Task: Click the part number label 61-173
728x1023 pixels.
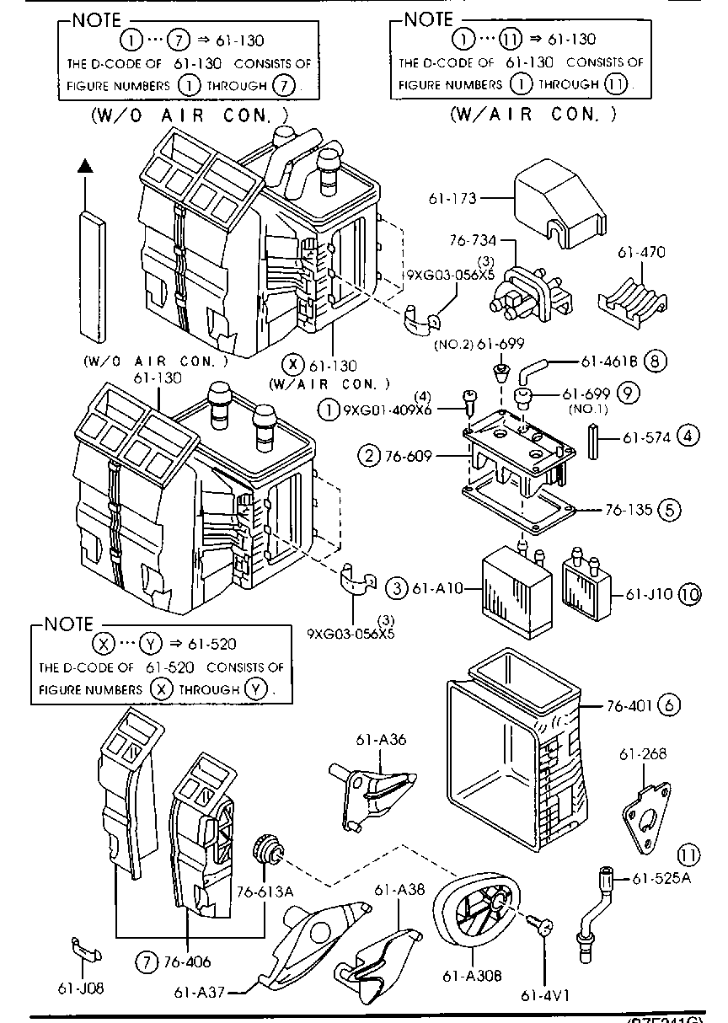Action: tap(452, 199)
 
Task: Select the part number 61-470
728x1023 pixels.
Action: tap(641, 251)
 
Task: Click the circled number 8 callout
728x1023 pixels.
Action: tap(656, 362)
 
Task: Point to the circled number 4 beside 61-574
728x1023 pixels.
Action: tap(688, 437)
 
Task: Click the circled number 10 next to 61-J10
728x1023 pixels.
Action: tap(689, 594)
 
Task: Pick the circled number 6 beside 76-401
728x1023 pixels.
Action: tap(670, 704)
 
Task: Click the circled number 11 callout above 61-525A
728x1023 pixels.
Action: tap(689, 855)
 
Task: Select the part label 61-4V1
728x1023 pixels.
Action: tap(545, 994)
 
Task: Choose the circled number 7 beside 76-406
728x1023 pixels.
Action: tap(147, 961)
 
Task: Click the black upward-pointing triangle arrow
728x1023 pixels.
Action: tap(83, 166)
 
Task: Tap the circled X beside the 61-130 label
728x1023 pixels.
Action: tap(292, 365)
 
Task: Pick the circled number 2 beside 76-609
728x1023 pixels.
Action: tap(368, 457)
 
